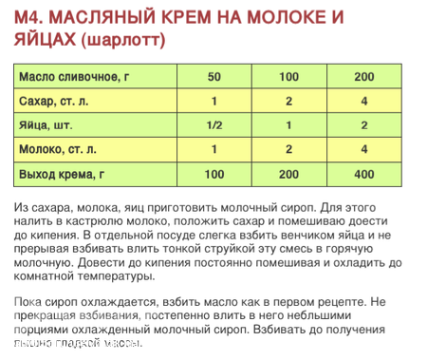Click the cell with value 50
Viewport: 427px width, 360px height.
coord(213,76)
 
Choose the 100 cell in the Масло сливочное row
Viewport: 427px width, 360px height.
coord(288,76)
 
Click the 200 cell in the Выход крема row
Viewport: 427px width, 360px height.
coord(288,174)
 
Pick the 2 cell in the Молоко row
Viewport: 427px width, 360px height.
coord(288,149)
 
